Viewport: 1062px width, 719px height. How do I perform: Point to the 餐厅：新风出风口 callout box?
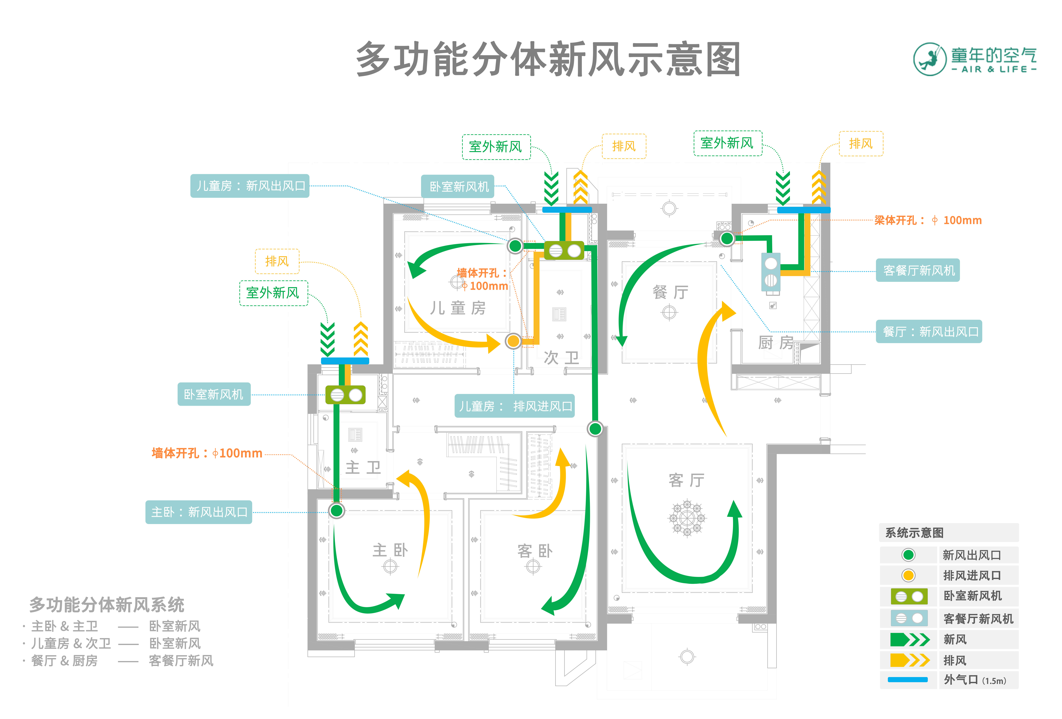[x=929, y=332]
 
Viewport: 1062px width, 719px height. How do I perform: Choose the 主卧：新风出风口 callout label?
[x=199, y=512]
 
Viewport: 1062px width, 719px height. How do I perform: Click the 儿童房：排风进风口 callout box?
[x=515, y=406]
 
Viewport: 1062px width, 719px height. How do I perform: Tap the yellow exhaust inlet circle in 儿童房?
[x=513, y=341]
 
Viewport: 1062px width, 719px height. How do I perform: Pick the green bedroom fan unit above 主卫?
[x=346, y=395]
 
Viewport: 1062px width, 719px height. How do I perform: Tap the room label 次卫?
[x=561, y=357]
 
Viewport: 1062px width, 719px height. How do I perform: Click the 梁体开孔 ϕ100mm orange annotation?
[x=928, y=220]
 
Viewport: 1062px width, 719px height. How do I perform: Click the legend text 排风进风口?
[x=972, y=576]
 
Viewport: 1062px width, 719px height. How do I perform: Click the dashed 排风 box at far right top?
[x=861, y=144]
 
